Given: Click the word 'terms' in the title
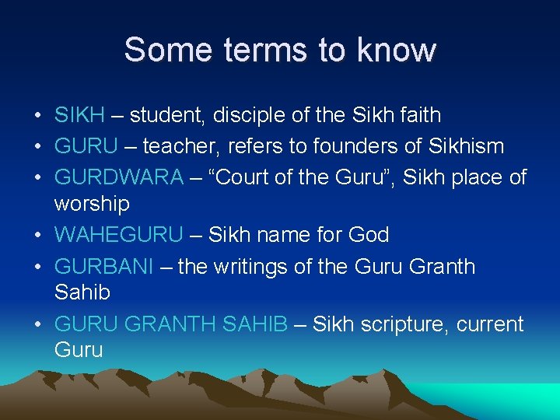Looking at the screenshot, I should [262, 50].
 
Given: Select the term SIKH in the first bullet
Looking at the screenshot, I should [79, 115].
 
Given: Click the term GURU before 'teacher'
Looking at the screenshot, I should [86, 145].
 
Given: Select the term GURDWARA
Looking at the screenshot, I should [119, 177].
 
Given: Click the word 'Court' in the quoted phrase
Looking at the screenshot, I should [244, 177].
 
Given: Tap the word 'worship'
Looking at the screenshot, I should [92, 204].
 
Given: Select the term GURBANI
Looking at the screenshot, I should [104, 266].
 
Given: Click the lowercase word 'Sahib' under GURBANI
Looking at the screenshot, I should [82, 293].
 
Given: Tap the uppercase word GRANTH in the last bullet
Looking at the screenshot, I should [172, 324].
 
